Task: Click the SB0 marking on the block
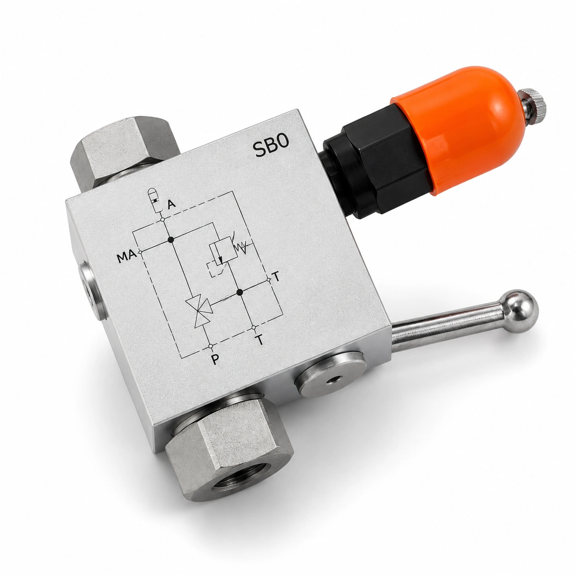click(x=271, y=145)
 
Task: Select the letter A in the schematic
click(x=172, y=204)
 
